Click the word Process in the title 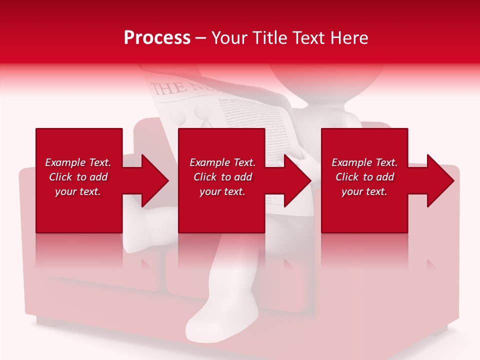coord(157,37)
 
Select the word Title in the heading coord(270,37)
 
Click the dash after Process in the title coord(200,38)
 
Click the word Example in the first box coord(65,162)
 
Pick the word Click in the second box coord(204,177)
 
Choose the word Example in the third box coord(351,162)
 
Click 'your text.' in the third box coord(364,191)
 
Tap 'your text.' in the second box coord(222,191)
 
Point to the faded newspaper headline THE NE coord(172,88)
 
